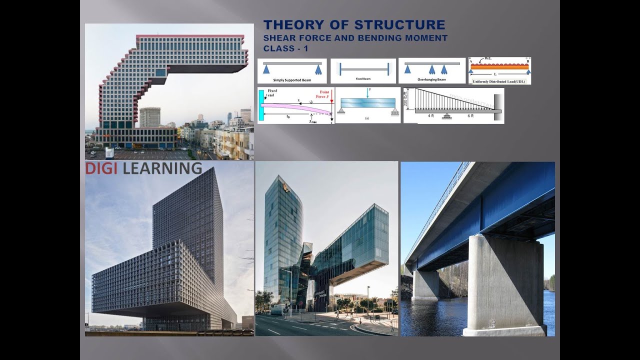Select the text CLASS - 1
[285, 48]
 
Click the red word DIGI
[101, 168]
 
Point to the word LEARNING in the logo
[162, 168]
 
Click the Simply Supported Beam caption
[291, 80]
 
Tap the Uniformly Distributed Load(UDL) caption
[499, 81]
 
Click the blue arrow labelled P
[367, 94]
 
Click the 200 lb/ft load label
[407, 99]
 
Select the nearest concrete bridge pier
[505, 285]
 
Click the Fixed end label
[272, 93]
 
